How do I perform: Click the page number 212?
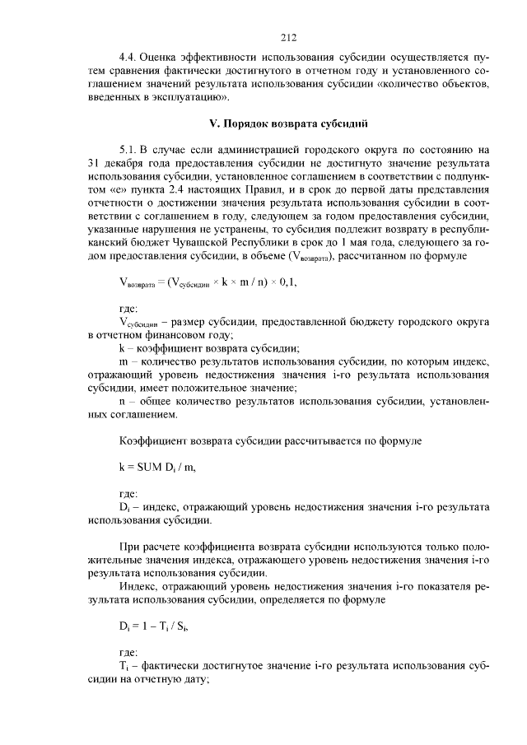click(x=287, y=37)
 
